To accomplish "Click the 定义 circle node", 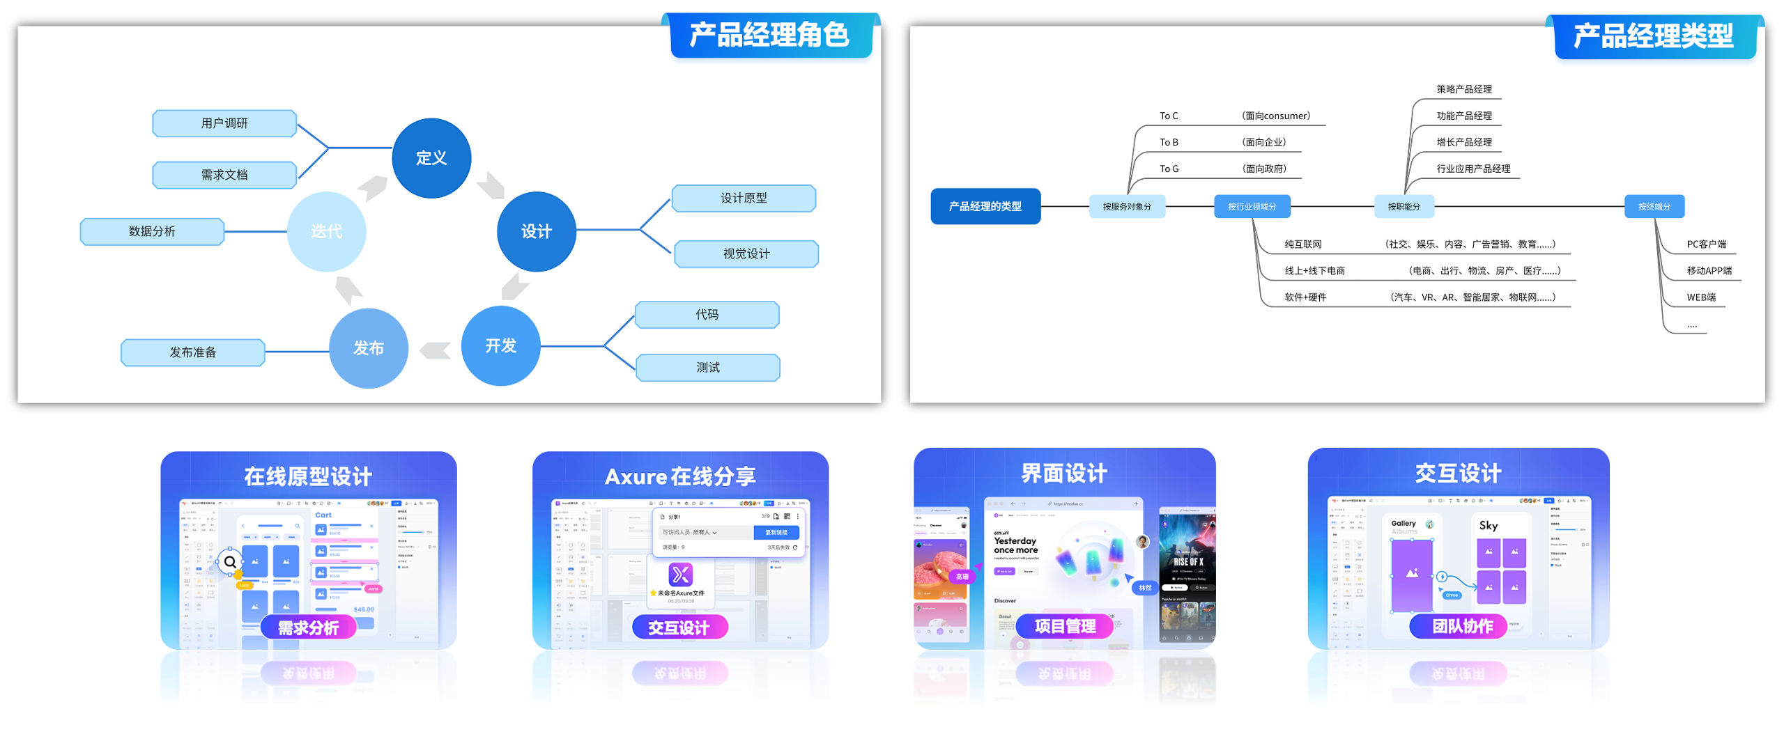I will coord(431,158).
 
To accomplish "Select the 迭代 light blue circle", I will coord(326,231).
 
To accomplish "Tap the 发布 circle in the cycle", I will coord(368,348).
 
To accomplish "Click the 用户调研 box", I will coord(224,123).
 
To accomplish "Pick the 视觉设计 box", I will coord(746,253).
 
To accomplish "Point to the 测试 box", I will coord(707,367).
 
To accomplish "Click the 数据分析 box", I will coord(152,231).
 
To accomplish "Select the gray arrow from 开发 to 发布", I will coord(436,350).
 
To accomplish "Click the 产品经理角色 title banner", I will coord(769,35).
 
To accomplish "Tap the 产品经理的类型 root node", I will coord(985,206).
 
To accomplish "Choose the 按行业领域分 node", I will coord(1252,206).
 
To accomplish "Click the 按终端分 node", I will coord(1654,206).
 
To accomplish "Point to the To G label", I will coord(1169,169).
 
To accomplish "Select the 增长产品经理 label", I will coord(1463,142).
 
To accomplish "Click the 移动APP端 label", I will coord(1709,270).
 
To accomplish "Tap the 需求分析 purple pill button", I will coord(308,627).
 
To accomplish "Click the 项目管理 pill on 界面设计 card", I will coord(1064,625).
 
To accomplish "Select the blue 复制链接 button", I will coord(776,532).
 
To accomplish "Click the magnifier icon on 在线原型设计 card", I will coord(230,561).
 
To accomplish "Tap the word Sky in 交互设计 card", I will coord(1488,526).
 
